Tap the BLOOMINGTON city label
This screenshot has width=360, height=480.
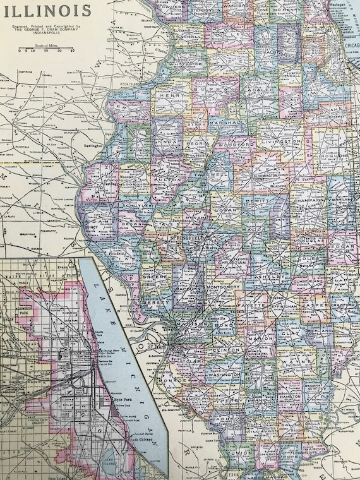261,172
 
